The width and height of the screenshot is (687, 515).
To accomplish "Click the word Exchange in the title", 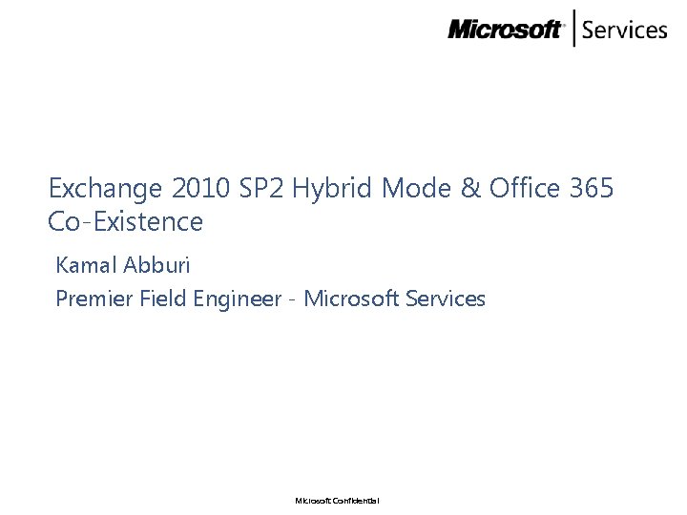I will (92, 189).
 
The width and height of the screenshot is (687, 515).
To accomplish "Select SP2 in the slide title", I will (261, 189).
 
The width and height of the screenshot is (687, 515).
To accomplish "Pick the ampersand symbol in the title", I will (470, 189).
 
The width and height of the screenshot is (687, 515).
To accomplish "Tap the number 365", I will (591, 189).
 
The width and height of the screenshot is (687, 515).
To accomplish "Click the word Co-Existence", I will (125, 222).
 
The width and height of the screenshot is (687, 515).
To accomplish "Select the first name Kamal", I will (86, 263).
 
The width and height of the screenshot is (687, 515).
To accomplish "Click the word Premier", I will (94, 299).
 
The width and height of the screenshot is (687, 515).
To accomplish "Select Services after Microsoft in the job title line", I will (446, 299).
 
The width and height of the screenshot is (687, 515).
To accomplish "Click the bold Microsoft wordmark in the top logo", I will (506, 30).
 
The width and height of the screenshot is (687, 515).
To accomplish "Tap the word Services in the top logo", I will (624, 30).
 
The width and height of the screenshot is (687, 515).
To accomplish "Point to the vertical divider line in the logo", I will (573, 29).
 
